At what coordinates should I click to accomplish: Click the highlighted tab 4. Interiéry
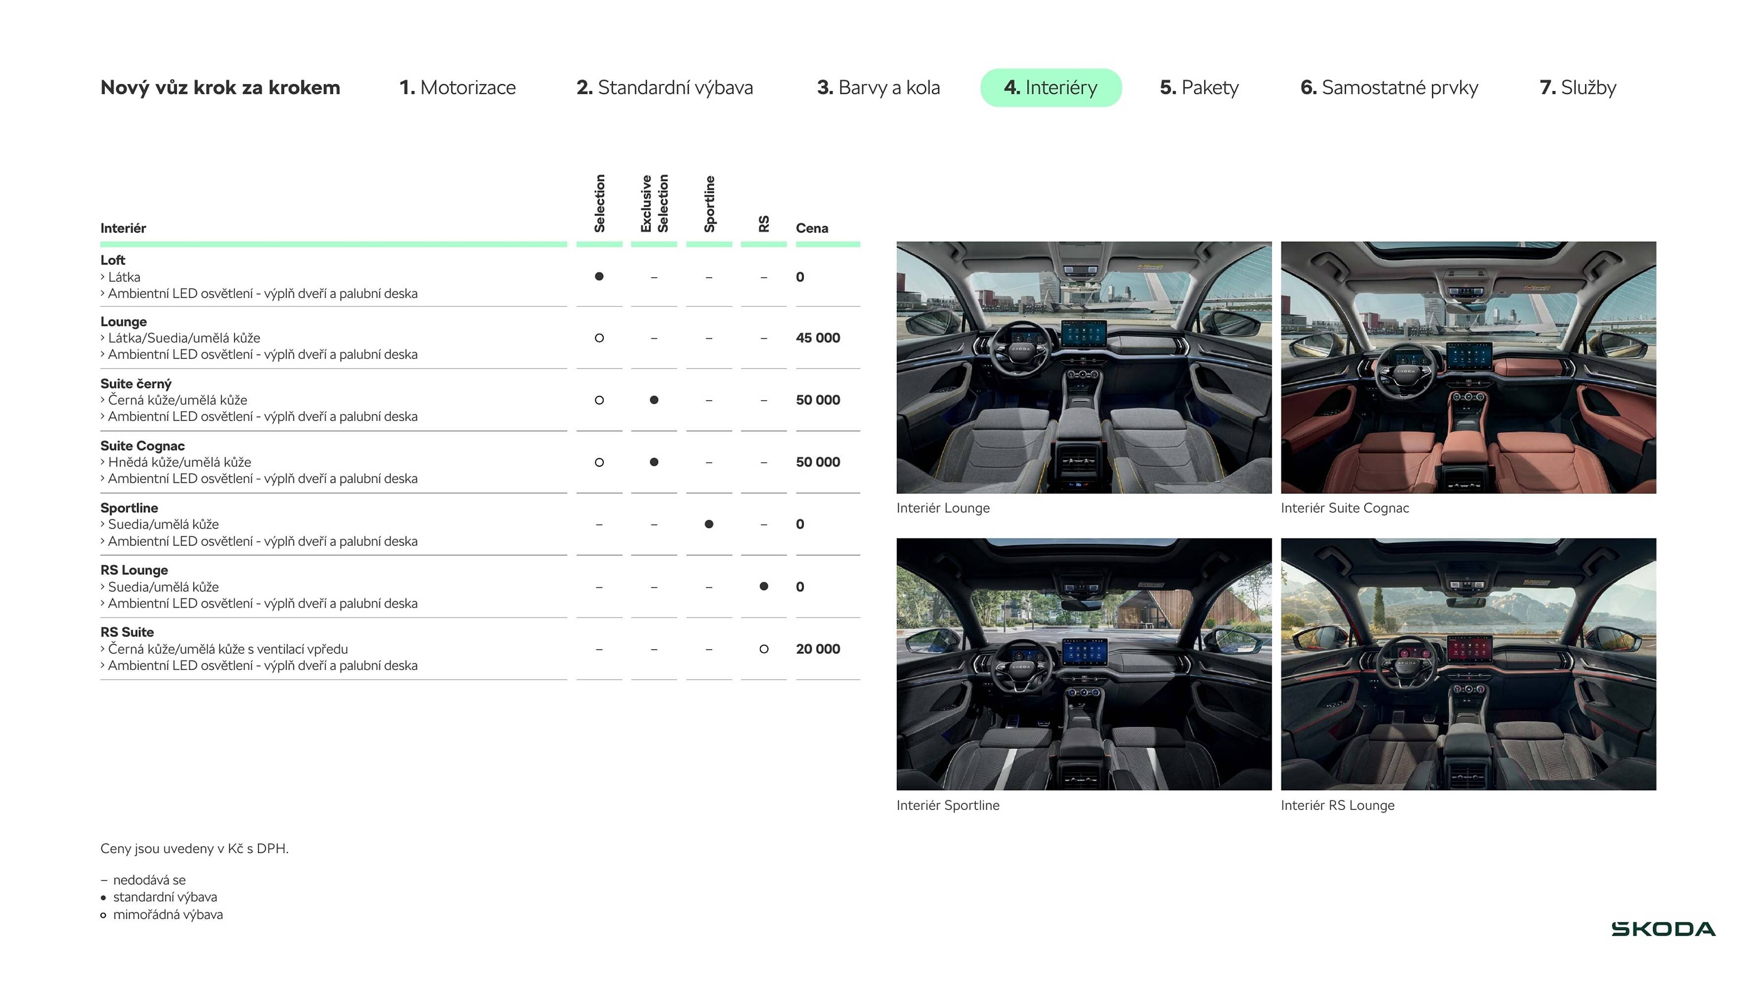click(1050, 87)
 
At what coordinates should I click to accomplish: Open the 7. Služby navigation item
click(1577, 87)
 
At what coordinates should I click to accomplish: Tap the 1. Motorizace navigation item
click(457, 87)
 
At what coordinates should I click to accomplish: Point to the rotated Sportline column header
click(710, 203)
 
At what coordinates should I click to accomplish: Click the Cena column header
click(812, 228)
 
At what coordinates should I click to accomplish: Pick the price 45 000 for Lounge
click(817, 337)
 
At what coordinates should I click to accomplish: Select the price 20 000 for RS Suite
click(817, 649)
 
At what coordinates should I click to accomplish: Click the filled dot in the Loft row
click(599, 276)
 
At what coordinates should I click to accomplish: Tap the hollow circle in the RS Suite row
click(763, 649)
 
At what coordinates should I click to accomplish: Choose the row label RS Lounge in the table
click(134, 570)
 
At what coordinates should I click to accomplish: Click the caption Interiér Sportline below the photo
click(947, 805)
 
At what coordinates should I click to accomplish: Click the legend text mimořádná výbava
click(168, 914)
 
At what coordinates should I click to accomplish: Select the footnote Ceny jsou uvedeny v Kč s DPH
click(194, 848)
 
